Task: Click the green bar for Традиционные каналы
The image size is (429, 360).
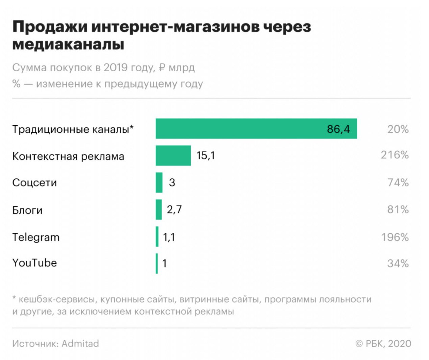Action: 256,129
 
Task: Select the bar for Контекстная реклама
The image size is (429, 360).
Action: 173,156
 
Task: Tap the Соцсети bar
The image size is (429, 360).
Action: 159,183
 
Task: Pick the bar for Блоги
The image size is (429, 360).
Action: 159,210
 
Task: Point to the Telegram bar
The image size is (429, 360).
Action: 157,237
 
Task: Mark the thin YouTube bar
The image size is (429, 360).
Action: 157,263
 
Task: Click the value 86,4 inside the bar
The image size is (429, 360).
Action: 338,129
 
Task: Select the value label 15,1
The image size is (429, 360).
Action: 206,156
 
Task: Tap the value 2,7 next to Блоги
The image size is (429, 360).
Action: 174,210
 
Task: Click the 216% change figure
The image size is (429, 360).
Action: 395,155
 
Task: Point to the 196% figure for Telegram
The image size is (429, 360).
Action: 395,237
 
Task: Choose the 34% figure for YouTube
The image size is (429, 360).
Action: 398,263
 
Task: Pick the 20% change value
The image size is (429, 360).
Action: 398,129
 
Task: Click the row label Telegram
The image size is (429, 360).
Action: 36,237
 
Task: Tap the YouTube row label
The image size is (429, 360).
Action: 34,263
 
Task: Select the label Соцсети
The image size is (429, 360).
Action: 34,183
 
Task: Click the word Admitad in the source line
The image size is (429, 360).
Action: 80,344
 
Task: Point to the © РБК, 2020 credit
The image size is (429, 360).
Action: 383,344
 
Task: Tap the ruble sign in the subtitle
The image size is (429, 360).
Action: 162,68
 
